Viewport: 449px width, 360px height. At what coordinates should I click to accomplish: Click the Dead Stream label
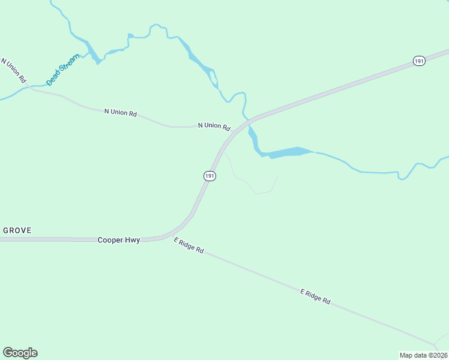coord(63,70)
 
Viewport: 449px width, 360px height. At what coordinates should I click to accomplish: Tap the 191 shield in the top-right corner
coord(419,61)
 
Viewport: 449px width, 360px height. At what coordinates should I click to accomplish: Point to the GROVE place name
coord(17,230)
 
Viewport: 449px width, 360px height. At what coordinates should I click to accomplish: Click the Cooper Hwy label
coord(119,240)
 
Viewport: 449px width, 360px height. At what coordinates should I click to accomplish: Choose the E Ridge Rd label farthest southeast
coord(315,296)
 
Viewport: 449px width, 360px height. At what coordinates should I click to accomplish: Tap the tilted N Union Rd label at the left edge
coord(14,71)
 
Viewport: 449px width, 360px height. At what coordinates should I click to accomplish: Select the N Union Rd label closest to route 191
coord(214,126)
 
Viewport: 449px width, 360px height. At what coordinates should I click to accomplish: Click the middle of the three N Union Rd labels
coord(121,112)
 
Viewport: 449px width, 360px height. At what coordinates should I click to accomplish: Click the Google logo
coord(20,353)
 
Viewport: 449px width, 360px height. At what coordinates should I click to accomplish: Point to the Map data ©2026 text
coord(423,355)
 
